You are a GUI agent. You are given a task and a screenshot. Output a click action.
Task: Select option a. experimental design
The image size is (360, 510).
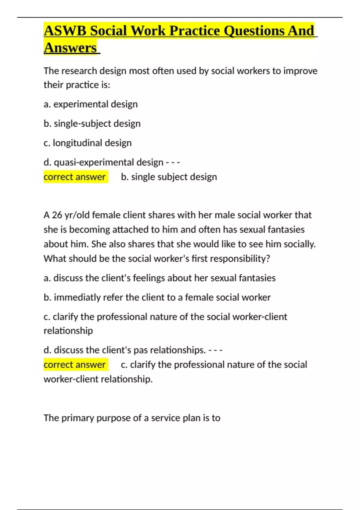click(x=91, y=104)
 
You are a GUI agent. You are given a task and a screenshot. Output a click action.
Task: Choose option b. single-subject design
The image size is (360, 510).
click(x=92, y=124)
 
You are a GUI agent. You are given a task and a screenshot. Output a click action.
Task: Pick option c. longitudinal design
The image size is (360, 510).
click(x=88, y=143)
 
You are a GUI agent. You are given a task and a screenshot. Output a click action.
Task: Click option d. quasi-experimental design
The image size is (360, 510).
click(x=103, y=162)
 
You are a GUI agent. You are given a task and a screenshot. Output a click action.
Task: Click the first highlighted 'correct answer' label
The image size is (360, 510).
click(x=75, y=177)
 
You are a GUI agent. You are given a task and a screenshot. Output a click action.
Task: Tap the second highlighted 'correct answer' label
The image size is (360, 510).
click(x=75, y=364)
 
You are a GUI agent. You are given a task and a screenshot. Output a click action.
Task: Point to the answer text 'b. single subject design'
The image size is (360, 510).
click(x=169, y=177)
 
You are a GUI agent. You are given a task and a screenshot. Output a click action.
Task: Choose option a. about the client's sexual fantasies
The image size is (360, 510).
click(x=160, y=278)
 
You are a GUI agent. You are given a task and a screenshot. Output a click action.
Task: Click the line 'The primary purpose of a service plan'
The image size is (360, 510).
click(x=132, y=418)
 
